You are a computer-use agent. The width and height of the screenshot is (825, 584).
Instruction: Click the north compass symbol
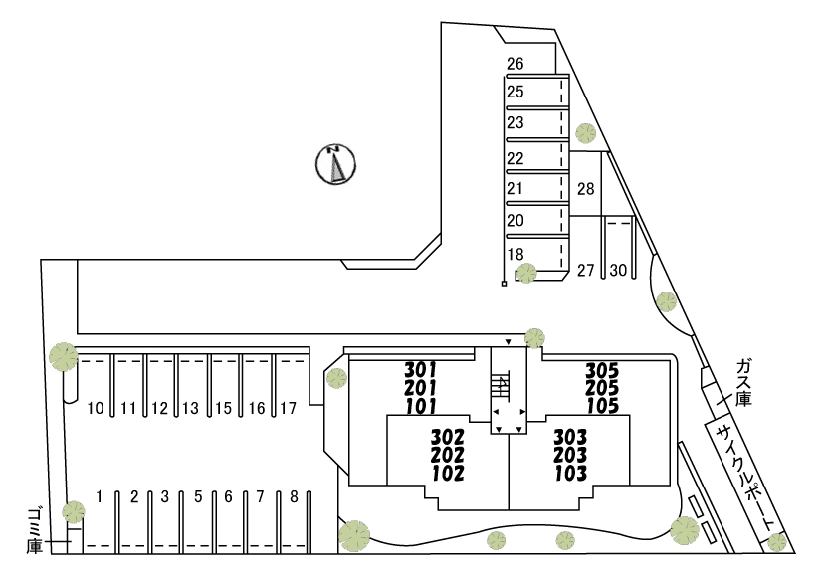pos(335,164)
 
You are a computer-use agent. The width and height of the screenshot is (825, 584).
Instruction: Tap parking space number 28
pos(585,188)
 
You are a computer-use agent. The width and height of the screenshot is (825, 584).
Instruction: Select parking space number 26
pos(516,64)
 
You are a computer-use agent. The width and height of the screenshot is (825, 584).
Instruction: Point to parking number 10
pos(96,408)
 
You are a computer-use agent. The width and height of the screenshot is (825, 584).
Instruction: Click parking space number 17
pos(288,408)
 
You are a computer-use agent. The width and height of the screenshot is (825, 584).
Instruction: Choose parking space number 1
pos(99,496)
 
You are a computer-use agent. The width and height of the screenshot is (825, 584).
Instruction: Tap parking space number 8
pos(294,496)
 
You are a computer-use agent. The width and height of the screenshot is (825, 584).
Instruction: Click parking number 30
pos(618,270)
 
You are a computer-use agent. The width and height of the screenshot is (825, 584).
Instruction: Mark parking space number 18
pos(516,254)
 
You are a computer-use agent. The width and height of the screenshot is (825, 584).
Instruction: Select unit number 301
pos(420,369)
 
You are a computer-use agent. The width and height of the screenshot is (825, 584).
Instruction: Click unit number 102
pos(448,473)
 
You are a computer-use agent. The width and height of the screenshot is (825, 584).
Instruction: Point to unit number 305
pos(602,370)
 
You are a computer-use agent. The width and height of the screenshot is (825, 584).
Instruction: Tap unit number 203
pos(570,455)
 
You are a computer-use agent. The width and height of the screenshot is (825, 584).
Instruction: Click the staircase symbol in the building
pos(501,388)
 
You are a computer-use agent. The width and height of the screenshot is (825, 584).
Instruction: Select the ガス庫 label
pos(743,381)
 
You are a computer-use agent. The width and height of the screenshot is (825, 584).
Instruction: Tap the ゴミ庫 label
pos(35,530)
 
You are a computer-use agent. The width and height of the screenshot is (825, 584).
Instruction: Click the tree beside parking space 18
pos(526,273)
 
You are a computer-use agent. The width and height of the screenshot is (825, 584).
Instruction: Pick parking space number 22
pos(516,158)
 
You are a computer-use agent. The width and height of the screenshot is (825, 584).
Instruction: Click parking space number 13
pos(190,408)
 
